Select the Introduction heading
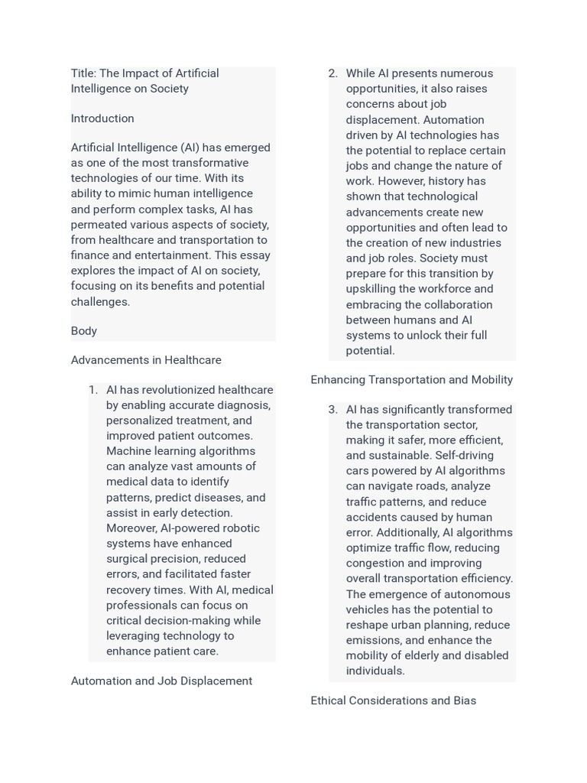pos(102,119)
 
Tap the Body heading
pos(84,331)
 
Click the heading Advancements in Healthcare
pos(146,360)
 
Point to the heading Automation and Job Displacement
pos(161,681)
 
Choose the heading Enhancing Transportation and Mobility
pos(411,380)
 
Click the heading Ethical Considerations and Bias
pos(393,700)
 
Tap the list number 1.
pos(93,390)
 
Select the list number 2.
pos(332,74)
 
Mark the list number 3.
pos(332,410)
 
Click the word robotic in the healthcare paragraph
pos(241,528)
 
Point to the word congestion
pos(375,564)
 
